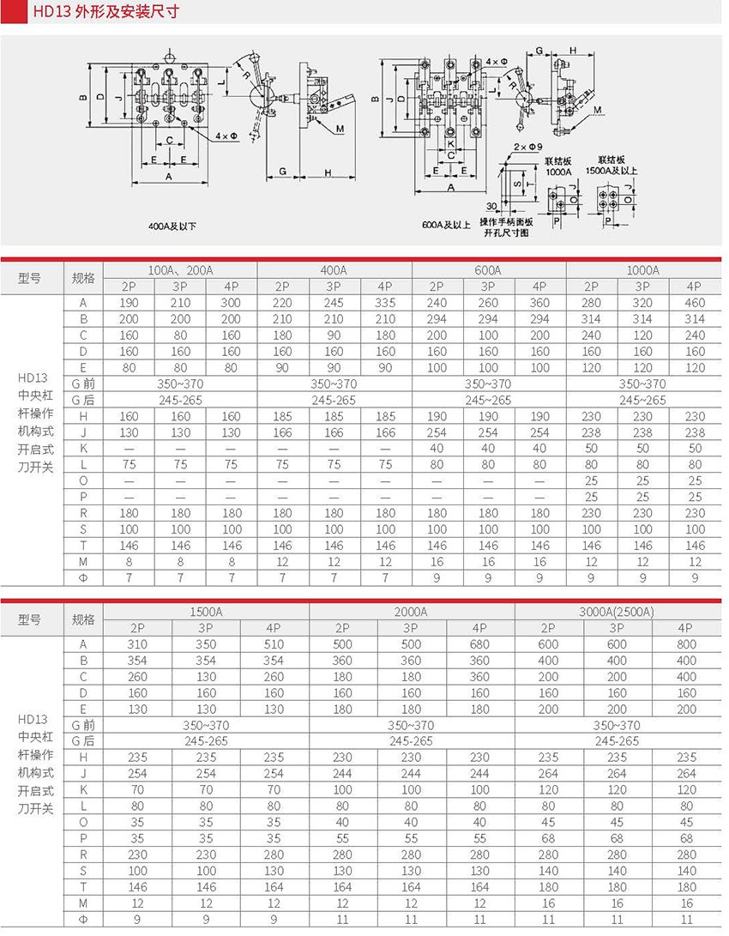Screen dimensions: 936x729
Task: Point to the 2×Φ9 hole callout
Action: tap(526, 147)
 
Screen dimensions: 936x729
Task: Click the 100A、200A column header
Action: tap(180, 270)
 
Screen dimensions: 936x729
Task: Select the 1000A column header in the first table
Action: tap(642, 270)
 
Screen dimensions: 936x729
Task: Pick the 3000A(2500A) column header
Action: tap(618, 612)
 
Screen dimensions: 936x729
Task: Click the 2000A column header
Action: tap(411, 612)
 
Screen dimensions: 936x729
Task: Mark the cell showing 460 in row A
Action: tap(695, 303)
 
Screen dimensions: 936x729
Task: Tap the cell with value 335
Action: tap(385, 303)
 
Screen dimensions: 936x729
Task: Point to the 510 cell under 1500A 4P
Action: tap(274, 644)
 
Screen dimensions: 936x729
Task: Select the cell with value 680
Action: tap(479, 644)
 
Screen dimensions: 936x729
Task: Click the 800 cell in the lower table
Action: tap(686, 644)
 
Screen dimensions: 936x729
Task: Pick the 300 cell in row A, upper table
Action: tap(231, 303)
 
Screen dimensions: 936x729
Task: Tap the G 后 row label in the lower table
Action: tap(83, 741)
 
